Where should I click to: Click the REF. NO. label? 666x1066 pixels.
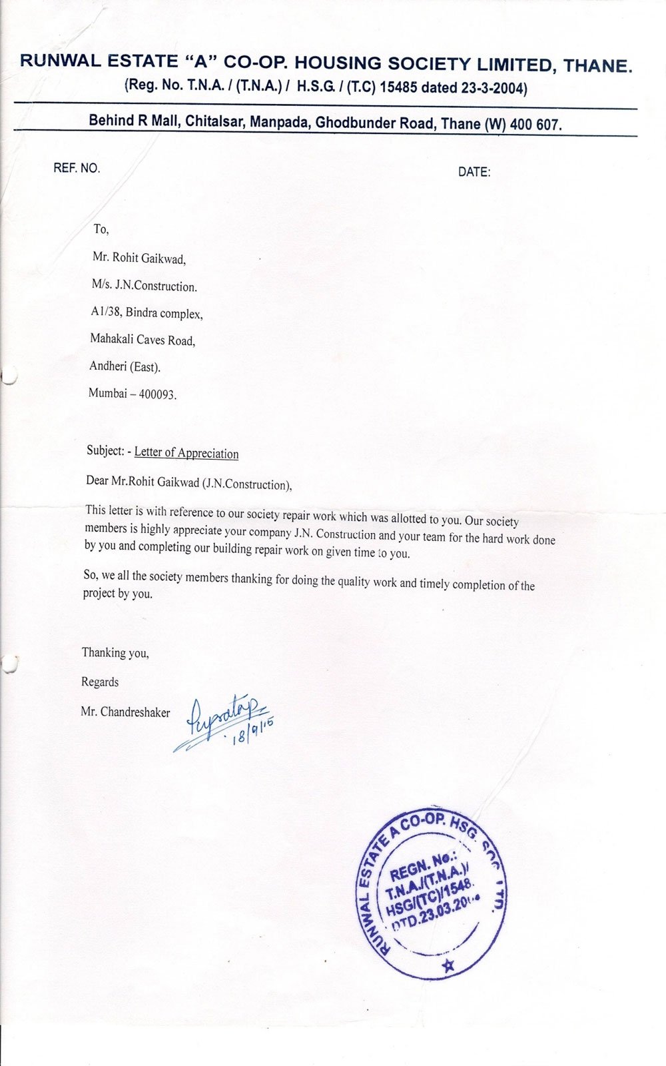pyautogui.click(x=77, y=168)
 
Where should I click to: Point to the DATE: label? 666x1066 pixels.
pyautogui.click(x=474, y=172)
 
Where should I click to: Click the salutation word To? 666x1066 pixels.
pyautogui.click(x=101, y=229)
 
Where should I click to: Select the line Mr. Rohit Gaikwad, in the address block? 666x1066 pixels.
pyautogui.click(x=139, y=259)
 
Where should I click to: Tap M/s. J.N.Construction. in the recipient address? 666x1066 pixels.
pyautogui.click(x=145, y=286)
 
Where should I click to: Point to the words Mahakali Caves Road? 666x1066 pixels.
pyautogui.click(x=143, y=340)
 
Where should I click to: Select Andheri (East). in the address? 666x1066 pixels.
pyautogui.click(x=125, y=366)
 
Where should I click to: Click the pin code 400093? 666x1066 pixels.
pyautogui.click(x=157, y=394)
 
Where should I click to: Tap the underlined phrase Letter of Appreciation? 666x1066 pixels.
pyautogui.click(x=186, y=453)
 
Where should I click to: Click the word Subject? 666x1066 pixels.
pyautogui.click(x=105, y=450)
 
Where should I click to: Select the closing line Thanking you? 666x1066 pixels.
pyautogui.click(x=115, y=653)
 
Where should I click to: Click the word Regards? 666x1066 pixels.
pyautogui.click(x=100, y=682)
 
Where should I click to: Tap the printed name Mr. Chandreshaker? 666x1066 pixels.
pyautogui.click(x=125, y=712)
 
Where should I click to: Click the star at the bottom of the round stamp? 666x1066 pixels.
pyautogui.click(x=448, y=965)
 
